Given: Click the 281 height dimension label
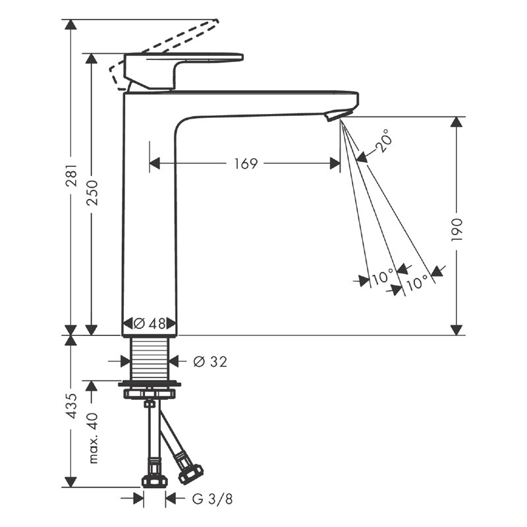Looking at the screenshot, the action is point(72,175).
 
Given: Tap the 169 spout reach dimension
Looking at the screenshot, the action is point(246,163).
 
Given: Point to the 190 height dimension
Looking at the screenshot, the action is point(457,229).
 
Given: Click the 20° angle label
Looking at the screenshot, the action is point(383,140).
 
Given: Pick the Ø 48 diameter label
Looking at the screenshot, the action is point(150,323).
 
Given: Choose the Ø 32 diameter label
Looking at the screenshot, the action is point(210,362).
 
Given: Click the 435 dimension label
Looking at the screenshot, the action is point(72,406).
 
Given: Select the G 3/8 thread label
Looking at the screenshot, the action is point(212,499).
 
